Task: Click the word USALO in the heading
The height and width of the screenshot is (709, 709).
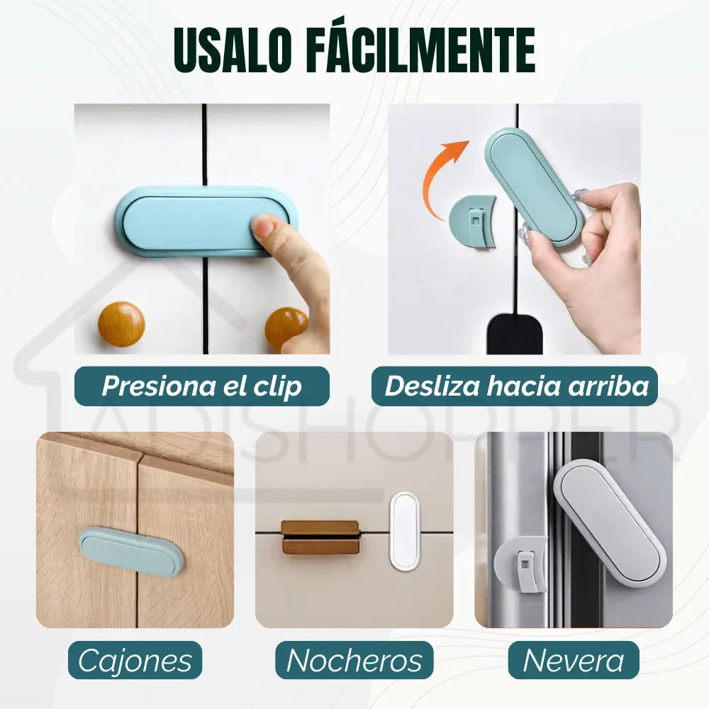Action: pyautogui.click(x=233, y=49)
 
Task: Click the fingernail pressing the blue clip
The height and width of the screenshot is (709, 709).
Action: pyautogui.click(x=262, y=227)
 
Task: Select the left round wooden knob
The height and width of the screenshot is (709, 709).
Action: pyautogui.click(x=121, y=324)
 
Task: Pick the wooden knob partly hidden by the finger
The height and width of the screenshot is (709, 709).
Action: pyautogui.click(x=284, y=328)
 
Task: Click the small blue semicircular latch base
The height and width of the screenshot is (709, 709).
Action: pyautogui.click(x=473, y=221)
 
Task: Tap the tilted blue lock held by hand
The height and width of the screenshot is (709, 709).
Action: pyautogui.click(x=535, y=186)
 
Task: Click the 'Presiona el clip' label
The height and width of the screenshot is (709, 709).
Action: pyautogui.click(x=201, y=386)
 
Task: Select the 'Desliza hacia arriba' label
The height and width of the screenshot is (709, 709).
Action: pyautogui.click(x=515, y=386)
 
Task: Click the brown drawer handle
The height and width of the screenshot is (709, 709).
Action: pyautogui.click(x=321, y=537)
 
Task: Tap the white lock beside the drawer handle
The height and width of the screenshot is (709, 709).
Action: pyautogui.click(x=404, y=531)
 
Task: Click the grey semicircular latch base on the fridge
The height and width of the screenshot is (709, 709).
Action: pyautogui.click(x=520, y=564)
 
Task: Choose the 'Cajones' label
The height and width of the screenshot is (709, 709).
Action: pyautogui.click(x=135, y=660)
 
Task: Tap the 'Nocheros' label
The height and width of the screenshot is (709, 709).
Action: pyautogui.click(x=354, y=660)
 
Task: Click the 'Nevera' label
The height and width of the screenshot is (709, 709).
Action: pyautogui.click(x=574, y=660)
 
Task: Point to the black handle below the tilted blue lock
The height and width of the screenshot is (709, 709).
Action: pyautogui.click(x=515, y=335)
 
